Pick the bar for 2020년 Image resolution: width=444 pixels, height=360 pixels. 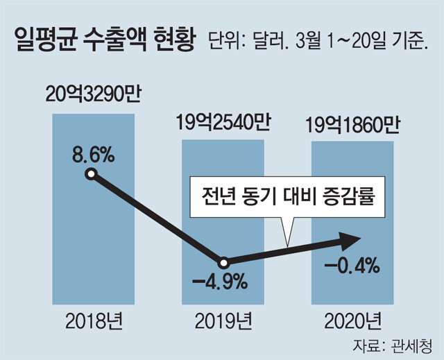click(x=352, y=208)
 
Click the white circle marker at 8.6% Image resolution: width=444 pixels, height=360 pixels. click(x=89, y=174)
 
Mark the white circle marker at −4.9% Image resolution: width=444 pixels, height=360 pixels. click(x=223, y=264)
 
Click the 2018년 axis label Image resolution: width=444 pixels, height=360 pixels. click(x=92, y=321)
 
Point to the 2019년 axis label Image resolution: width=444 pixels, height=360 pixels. click(x=223, y=321)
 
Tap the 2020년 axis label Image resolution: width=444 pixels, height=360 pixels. click(x=352, y=321)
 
